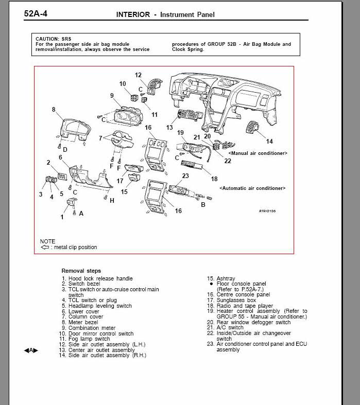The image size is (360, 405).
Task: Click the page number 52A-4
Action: tap(36, 13)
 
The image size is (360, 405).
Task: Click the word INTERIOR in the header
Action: tap(133, 15)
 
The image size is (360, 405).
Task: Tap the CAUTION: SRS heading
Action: tap(54, 39)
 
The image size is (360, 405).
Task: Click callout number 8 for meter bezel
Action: tap(54, 109)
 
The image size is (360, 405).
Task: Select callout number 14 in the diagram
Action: tap(269, 142)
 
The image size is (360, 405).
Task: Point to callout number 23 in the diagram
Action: tap(185, 175)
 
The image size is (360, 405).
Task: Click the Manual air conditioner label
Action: tap(258, 153)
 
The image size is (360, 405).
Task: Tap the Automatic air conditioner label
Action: tap(252, 188)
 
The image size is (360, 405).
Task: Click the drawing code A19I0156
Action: tap(267, 211)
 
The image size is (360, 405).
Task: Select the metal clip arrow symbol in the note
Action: tap(45, 247)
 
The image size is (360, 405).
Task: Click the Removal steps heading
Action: tap(81, 271)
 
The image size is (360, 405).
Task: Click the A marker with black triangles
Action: tap(31, 350)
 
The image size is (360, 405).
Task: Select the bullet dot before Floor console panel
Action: tap(211, 284)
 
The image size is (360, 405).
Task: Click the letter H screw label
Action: tap(112, 200)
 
